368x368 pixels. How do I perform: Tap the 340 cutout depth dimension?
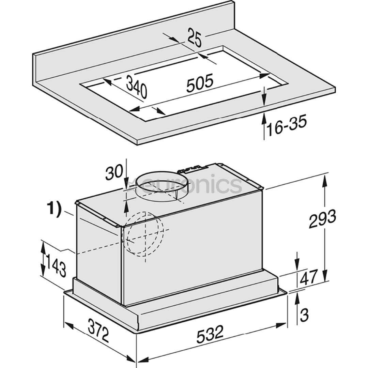pyautogui.click(x=136, y=86)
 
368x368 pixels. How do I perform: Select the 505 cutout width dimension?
pyautogui.click(x=200, y=82)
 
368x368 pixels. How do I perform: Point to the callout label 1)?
pyautogui.click(x=54, y=208)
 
